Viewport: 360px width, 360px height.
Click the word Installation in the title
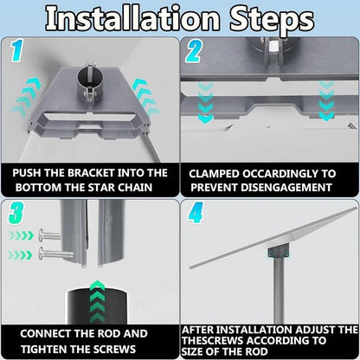pyautogui.click(x=132, y=19)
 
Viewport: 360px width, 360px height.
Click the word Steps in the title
pyautogui.click(x=272, y=21)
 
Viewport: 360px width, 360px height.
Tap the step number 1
pyautogui.click(x=17, y=51)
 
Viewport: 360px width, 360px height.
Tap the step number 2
pyautogui.click(x=194, y=51)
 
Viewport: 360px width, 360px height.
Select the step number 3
pyautogui.click(x=16, y=213)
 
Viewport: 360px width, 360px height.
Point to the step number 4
pyautogui.click(x=196, y=213)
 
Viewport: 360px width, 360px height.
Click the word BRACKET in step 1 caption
pyautogui.click(x=91, y=173)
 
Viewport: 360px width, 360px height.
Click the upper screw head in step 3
pyautogui.click(x=42, y=235)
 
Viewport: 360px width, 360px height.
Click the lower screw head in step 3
pyautogui.click(x=42, y=254)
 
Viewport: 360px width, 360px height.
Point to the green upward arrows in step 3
pyautogui.click(x=97, y=301)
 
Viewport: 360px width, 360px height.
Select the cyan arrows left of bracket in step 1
pyautogui.click(x=27, y=98)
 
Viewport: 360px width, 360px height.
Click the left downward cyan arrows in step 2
pyautogui.click(x=205, y=102)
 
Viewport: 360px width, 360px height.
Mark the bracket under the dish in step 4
pyautogui.click(x=278, y=251)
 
